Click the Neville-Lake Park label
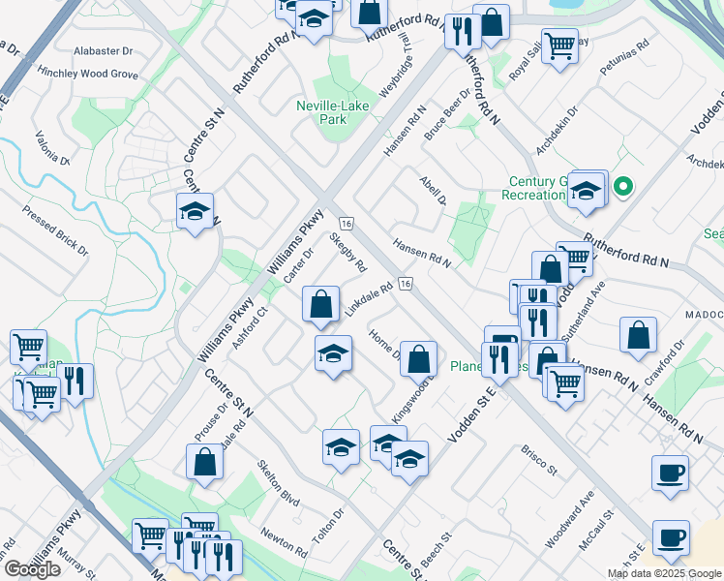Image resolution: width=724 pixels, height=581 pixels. pos(320,112)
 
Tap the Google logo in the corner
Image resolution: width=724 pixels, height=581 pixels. pos(32,569)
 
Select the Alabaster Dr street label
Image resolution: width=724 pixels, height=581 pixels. pos(102,50)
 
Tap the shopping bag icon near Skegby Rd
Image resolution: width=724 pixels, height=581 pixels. pos(320,304)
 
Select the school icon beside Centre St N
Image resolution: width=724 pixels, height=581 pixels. pos(195,212)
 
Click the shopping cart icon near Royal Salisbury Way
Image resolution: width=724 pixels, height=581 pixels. pos(559,45)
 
